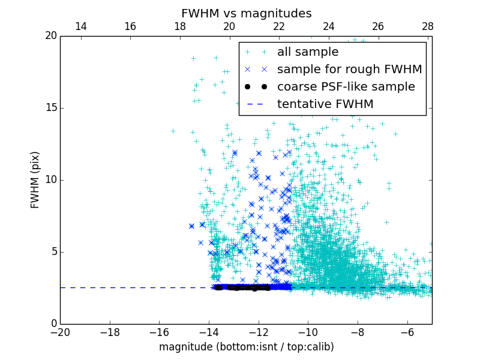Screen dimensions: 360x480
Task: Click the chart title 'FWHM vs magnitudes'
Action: (x=246, y=13)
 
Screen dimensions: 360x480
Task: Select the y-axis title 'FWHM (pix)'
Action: (x=35, y=179)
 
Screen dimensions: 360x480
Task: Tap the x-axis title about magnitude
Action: (x=246, y=347)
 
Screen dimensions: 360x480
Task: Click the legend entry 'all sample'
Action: (x=307, y=52)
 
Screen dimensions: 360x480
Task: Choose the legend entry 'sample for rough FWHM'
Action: (x=349, y=70)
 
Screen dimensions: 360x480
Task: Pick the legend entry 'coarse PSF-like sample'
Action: (x=346, y=87)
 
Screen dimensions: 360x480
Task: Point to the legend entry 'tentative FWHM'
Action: (x=325, y=104)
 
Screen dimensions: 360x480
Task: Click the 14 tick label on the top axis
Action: (x=80, y=26)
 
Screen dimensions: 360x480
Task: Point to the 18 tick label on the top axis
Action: (x=179, y=26)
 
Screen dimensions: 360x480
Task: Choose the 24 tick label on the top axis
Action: (x=328, y=26)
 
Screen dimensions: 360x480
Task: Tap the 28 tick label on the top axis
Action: (x=427, y=26)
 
